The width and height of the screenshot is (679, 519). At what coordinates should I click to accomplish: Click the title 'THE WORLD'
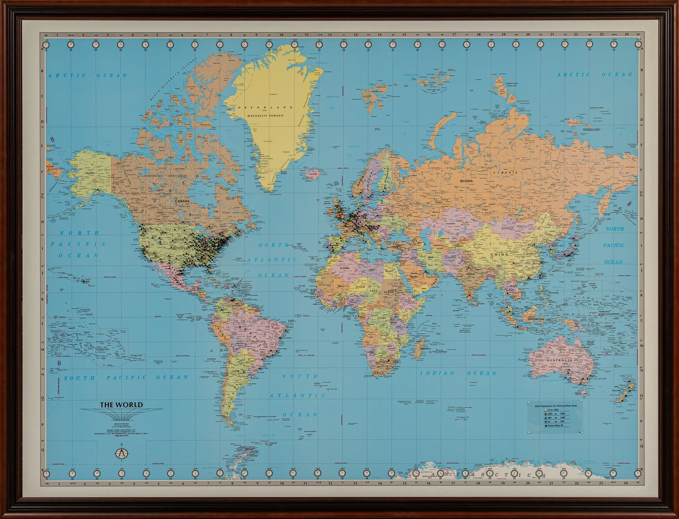click(121, 405)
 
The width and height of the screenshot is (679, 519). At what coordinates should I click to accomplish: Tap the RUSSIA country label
click(467, 181)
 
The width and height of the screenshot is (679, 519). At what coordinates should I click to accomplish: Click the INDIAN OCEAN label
click(458, 373)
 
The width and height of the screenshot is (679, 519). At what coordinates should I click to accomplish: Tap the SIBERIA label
click(511, 173)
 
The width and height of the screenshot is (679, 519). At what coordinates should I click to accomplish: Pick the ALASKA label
click(90, 173)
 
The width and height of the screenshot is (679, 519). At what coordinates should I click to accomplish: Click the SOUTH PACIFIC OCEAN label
click(126, 377)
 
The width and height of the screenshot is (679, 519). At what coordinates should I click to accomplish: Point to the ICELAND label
click(314, 173)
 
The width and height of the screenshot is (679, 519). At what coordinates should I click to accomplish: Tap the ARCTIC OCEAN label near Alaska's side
click(87, 76)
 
